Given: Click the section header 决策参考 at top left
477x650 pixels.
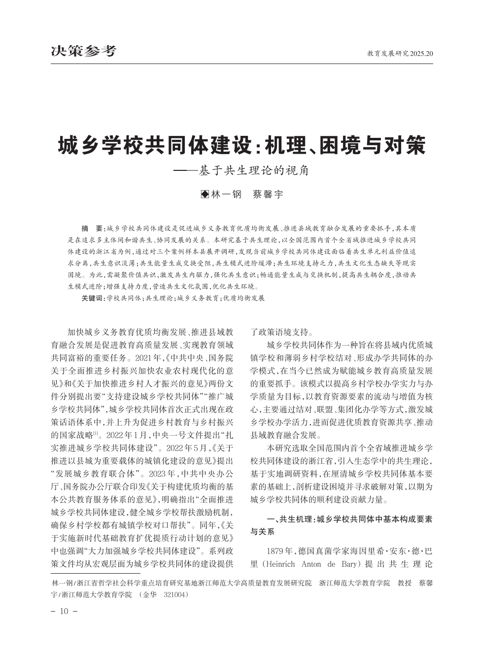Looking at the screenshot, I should [84, 51].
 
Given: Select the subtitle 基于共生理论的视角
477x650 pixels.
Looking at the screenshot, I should [254, 170].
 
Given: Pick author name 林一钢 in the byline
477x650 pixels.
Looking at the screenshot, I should [226, 195].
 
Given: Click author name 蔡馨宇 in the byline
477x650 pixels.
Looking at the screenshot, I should [268, 195].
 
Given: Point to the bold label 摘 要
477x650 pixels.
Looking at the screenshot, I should [92, 228].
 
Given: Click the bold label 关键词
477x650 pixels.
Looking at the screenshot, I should [93, 298].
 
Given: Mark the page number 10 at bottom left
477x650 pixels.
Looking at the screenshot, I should [64, 612].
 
